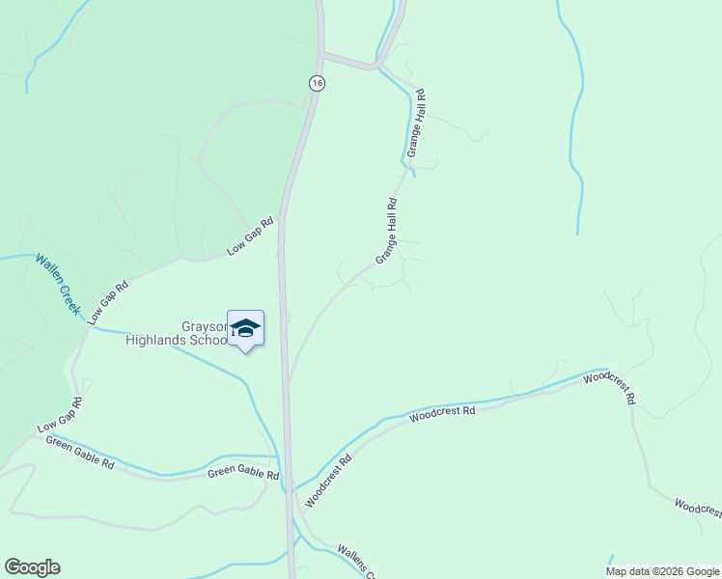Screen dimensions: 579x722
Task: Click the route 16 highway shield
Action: (x=317, y=84)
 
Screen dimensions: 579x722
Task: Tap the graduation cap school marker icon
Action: (x=245, y=329)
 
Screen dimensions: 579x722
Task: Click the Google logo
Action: (x=32, y=567)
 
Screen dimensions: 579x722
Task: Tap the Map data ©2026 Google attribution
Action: (x=661, y=571)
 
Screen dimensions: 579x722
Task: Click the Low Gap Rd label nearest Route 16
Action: (x=250, y=236)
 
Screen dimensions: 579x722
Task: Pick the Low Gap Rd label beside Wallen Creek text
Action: (x=108, y=302)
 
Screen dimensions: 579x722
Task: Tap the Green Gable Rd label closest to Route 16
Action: (x=243, y=475)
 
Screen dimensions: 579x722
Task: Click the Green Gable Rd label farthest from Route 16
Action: (x=80, y=454)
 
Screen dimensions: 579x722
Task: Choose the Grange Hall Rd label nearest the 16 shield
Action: (x=416, y=124)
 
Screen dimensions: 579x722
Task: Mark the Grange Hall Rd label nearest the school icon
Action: (x=387, y=232)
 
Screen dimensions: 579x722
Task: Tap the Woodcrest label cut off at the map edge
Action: (x=697, y=508)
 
